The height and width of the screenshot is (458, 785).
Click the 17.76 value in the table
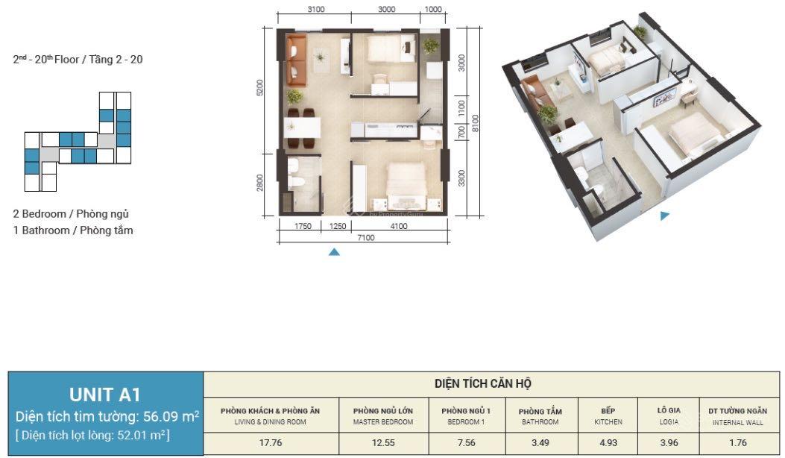[x=271, y=443]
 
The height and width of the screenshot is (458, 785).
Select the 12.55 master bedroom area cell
[x=383, y=443]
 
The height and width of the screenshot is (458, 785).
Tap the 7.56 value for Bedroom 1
[x=466, y=443]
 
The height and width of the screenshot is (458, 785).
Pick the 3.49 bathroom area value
[x=540, y=443]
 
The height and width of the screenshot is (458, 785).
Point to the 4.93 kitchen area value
[x=608, y=443]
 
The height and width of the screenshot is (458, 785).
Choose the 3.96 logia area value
[x=669, y=443]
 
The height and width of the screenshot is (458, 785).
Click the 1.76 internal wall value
[x=738, y=443]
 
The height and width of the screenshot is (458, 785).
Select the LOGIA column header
[x=669, y=416]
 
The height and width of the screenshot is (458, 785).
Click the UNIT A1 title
[x=104, y=395]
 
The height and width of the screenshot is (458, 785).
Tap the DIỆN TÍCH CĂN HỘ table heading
[x=482, y=384]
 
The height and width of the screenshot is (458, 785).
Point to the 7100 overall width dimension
[x=365, y=238]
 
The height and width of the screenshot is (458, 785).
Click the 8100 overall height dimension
[x=475, y=123]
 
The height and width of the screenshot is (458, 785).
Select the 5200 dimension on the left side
[x=259, y=88]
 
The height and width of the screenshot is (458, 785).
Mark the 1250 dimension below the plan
[x=338, y=227]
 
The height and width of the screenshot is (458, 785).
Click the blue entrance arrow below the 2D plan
[x=334, y=252]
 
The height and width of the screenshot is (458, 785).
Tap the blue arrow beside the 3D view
[x=664, y=216]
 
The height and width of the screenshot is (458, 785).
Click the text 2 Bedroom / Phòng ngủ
[x=71, y=214]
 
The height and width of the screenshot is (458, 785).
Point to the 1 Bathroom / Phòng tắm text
[x=73, y=230]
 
